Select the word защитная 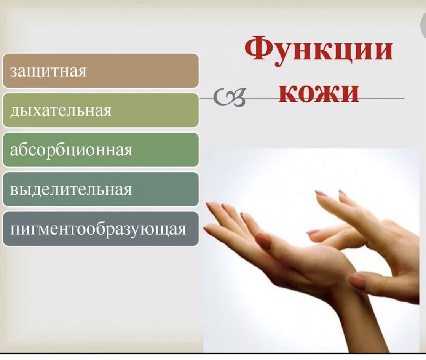pyautogui.click(x=48, y=72)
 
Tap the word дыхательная pyautogui.click(x=61, y=111)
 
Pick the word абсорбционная pyautogui.click(x=71, y=150)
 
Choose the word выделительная pyautogui.click(x=71, y=189)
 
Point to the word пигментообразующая pyautogui.click(x=98, y=229)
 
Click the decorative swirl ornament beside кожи pyautogui.click(x=230, y=98)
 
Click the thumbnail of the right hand pyautogui.click(x=357, y=282)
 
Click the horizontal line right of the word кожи pyautogui.click(x=382, y=98)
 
